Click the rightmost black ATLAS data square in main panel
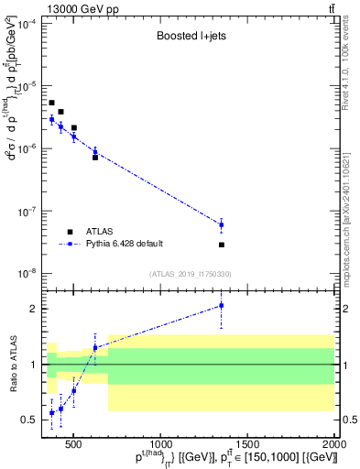pos(222,245)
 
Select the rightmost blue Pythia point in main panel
pos(222,224)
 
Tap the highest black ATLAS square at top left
pos(52,103)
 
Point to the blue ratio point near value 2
pos(222,306)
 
